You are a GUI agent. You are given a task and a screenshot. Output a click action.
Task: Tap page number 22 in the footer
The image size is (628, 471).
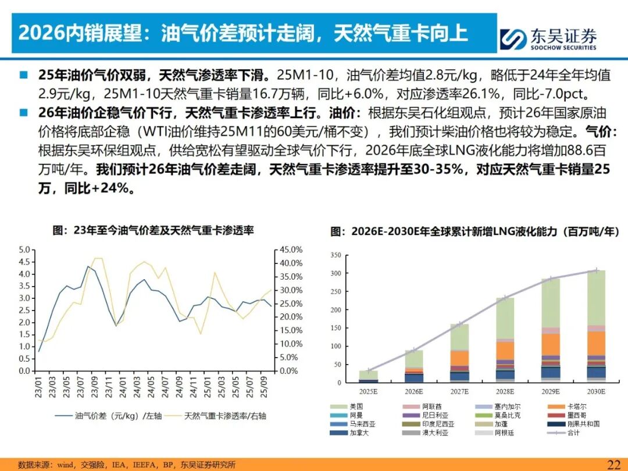(x=613, y=464)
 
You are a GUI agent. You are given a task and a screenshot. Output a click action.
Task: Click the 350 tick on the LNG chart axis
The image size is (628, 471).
(x=336, y=255)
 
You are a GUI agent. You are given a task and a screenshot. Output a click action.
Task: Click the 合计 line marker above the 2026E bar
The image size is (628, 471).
(x=414, y=350)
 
